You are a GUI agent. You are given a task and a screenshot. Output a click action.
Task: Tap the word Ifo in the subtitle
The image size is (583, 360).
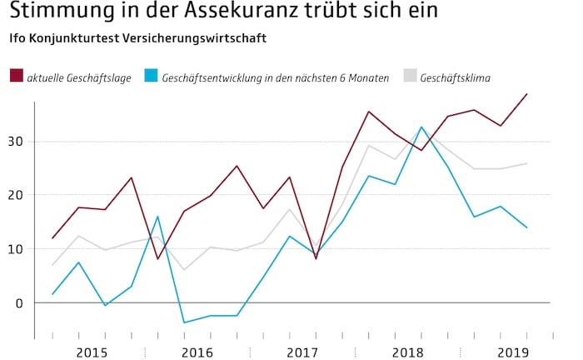[18, 39]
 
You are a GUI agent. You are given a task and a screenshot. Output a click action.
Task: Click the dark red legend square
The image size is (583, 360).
[16, 77]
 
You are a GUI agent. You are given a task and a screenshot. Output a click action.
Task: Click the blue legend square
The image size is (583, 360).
[151, 77]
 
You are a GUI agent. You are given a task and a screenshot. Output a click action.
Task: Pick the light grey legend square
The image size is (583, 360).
[410, 77]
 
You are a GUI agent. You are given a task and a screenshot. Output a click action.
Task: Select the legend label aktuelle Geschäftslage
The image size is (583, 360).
[78, 78]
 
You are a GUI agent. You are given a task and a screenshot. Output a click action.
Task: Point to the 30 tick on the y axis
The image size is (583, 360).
[17, 142]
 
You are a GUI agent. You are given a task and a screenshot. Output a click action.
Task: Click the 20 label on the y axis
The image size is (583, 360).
[17, 195]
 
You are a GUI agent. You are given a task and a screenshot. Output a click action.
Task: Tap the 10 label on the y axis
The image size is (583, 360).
[17, 249]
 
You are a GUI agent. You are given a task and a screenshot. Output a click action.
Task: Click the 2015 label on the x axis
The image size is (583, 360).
[92, 352]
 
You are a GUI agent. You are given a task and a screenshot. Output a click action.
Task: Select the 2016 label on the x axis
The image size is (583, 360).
[197, 352]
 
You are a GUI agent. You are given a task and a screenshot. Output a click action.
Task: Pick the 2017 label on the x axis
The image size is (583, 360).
[302, 352]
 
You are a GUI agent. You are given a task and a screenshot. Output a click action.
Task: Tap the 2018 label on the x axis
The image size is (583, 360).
[408, 352]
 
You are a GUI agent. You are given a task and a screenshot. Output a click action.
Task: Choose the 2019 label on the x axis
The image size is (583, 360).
[514, 352]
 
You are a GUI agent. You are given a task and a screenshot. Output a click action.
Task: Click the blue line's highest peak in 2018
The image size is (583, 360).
[421, 127]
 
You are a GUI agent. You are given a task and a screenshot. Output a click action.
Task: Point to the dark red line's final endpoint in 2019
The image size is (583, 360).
[527, 93]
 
